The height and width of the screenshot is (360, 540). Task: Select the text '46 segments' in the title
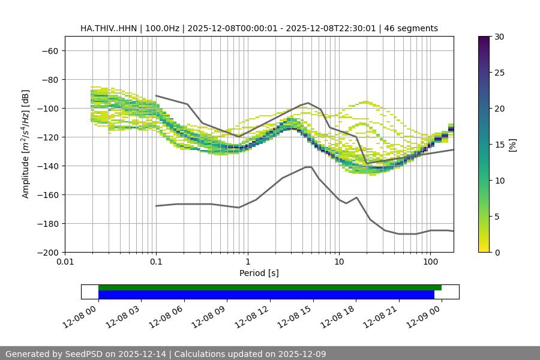(x=411, y=28)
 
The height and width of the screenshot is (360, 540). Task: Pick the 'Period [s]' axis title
(x=259, y=273)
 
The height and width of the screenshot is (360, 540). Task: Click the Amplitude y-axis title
(x=26, y=144)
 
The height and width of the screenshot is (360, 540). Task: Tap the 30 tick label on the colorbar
(x=499, y=37)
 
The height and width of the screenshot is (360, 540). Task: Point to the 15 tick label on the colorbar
(x=499, y=145)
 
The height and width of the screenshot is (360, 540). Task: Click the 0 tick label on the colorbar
(x=497, y=253)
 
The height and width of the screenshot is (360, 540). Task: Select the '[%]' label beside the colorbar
(x=512, y=145)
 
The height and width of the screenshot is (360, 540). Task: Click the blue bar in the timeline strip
(x=266, y=295)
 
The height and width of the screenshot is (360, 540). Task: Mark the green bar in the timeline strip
(x=269, y=287)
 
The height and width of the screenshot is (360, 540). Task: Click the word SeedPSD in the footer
(x=84, y=354)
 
